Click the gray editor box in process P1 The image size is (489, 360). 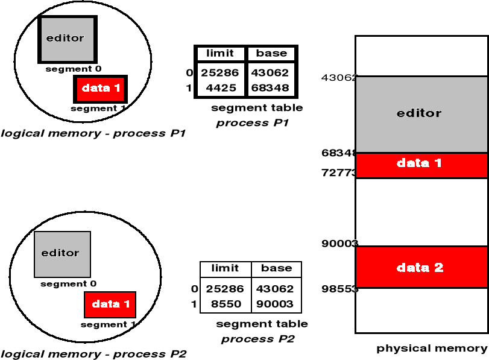pos(67,39)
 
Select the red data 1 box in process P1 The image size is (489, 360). pos(101,89)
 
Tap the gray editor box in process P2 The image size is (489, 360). pos(62,254)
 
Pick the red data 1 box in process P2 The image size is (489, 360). pos(110,305)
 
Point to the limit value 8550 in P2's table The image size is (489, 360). pos(226,305)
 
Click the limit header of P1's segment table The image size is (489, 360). pos(219,53)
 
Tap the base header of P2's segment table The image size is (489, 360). pos(277,268)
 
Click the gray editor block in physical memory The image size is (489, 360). pos(420,113)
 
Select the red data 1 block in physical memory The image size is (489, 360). pos(420,163)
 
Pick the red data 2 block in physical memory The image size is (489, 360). pos(420,267)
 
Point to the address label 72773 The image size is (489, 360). pos(339,173)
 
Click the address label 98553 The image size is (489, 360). pos(339,289)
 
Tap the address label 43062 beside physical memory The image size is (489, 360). pos(339,78)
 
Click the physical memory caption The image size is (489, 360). pos(432,348)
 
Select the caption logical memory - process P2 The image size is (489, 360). pos(94,353)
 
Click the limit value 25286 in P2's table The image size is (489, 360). pos(226,289)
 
